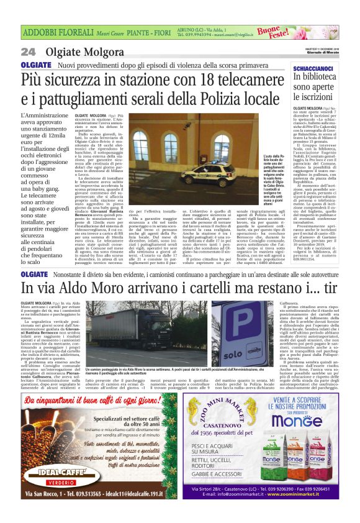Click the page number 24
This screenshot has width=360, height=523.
28,52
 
